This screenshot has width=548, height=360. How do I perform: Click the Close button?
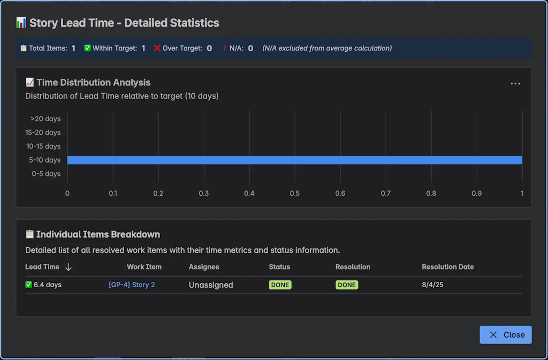click(x=506, y=335)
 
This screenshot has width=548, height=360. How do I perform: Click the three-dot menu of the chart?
click(x=515, y=84)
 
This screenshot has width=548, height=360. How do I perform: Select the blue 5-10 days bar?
click(x=294, y=160)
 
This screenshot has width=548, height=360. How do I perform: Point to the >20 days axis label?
click(x=45, y=119)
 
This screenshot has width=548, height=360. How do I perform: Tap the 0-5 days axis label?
click(x=46, y=174)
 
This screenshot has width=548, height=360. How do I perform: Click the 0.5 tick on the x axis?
click(x=295, y=193)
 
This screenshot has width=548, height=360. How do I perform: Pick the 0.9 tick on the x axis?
click(x=477, y=193)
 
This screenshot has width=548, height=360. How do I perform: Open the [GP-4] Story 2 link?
click(x=132, y=285)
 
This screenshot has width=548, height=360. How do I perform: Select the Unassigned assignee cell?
click(x=211, y=285)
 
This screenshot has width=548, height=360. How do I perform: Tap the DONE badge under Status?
click(x=280, y=285)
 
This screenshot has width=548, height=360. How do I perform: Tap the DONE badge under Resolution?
click(x=347, y=285)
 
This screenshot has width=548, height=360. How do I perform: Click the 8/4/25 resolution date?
click(x=432, y=285)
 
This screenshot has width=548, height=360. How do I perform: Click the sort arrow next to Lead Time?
click(x=68, y=267)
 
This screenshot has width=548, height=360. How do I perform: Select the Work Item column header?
click(x=144, y=267)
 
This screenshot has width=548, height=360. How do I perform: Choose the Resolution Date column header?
click(x=447, y=267)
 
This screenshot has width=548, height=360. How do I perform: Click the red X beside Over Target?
click(x=157, y=48)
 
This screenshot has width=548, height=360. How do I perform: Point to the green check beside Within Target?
click(x=87, y=48)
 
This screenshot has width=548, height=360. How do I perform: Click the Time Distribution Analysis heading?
click(x=93, y=82)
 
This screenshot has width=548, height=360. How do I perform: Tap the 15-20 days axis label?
click(x=43, y=133)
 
